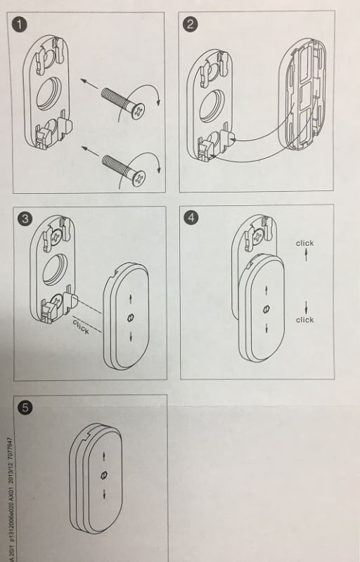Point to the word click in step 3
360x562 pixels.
point(81,326)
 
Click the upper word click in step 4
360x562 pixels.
point(304,244)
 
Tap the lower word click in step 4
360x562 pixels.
point(304,320)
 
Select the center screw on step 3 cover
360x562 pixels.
point(130,318)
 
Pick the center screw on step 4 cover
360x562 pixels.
point(266,308)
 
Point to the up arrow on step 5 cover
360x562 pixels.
point(104,455)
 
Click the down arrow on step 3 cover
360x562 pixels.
point(130,336)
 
